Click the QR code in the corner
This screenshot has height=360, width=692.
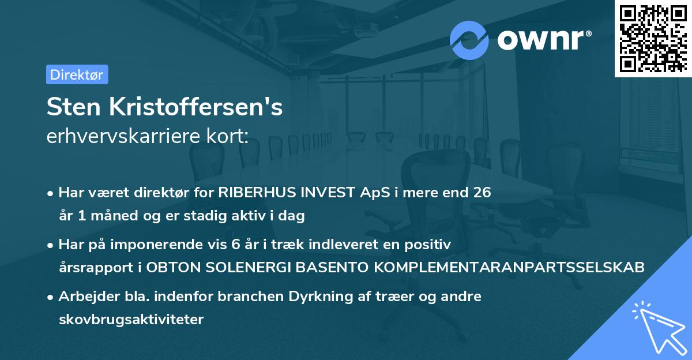[653, 38]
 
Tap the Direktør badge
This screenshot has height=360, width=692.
[77, 74]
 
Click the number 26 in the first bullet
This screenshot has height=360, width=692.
[482, 193]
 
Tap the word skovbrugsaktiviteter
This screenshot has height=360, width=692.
[131, 319]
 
